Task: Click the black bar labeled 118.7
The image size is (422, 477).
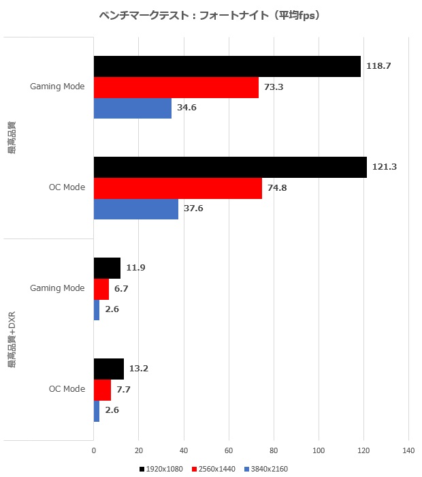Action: pyautogui.click(x=227, y=66)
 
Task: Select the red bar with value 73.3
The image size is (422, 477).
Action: pyautogui.click(x=176, y=88)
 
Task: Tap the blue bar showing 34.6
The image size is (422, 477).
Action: pyautogui.click(x=132, y=108)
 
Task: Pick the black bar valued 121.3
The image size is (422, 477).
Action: pyautogui.click(x=230, y=167)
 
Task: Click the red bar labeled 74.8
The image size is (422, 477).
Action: pyautogui.click(x=178, y=188)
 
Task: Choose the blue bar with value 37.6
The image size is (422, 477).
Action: pyautogui.click(x=135, y=209)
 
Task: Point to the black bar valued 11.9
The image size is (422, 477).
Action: pyautogui.click(x=107, y=268)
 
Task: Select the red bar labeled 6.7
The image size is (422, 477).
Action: pyautogui.click(x=101, y=289)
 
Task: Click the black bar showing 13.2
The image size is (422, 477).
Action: pyautogui.click(x=108, y=369)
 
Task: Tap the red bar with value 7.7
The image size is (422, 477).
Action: pyautogui.click(x=102, y=390)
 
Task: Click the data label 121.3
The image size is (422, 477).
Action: pyautogui.click(x=385, y=167)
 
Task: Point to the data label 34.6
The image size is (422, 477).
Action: pyautogui.click(x=185, y=108)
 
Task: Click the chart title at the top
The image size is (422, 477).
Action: pyautogui.click(x=210, y=15)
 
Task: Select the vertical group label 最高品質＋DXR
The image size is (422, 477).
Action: pyautogui.click(x=12, y=341)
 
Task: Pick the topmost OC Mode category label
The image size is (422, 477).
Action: pyautogui.click(x=67, y=188)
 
